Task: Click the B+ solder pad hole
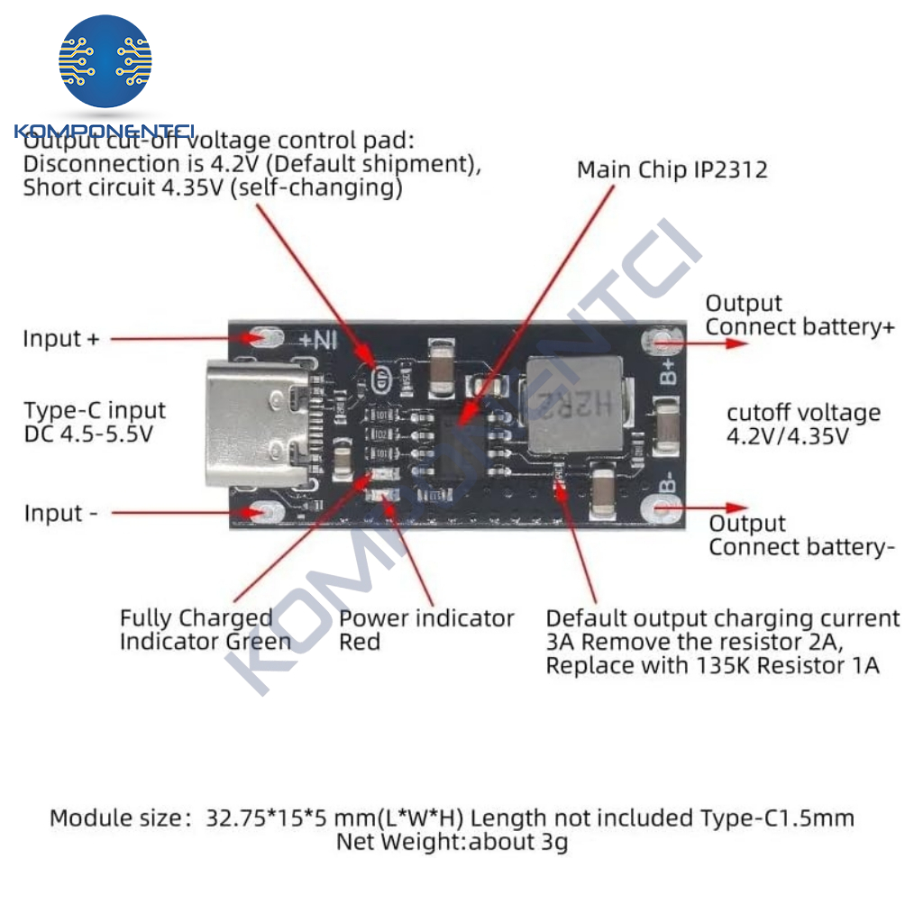[656, 342]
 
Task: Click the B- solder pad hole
[656, 509]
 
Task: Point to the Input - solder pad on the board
[264, 512]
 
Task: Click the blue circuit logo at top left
[105, 61]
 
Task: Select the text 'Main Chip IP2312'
[672, 169]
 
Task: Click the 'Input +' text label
[61, 339]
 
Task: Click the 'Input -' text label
[60, 513]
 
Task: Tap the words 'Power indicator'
[425, 618]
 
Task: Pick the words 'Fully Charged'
[196, 618]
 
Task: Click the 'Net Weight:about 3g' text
[452, 842]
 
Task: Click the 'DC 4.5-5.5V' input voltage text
[87, 434]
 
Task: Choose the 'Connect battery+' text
[800, 326]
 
